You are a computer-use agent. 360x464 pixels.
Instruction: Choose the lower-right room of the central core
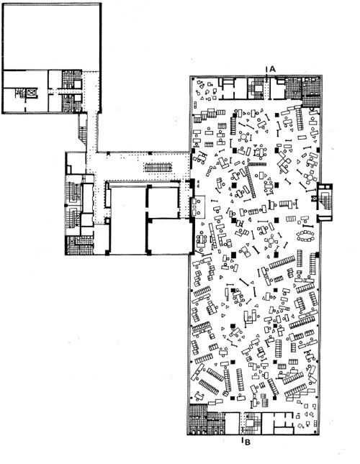tap(167, 237)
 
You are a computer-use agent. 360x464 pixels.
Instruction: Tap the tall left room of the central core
tap(127, 219)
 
